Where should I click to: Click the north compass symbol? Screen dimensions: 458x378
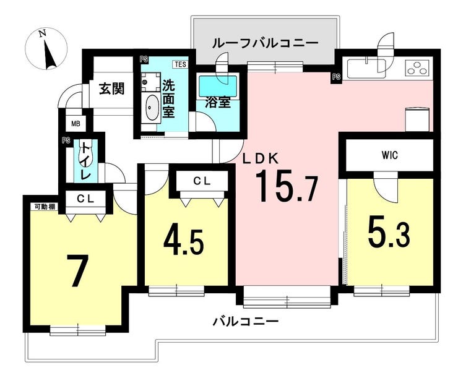click(46, 49)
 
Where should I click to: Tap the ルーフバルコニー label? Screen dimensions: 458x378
click(266, 43)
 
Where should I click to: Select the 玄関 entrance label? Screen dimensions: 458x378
click(112, 88)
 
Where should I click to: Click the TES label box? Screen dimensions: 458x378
click(181, 64)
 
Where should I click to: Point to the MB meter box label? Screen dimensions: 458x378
click(76, 124)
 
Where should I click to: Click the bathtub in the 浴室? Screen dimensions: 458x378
click(218, 87)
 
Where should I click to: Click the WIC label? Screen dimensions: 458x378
click(390, 155)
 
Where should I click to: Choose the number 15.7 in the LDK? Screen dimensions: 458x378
click(287, 187)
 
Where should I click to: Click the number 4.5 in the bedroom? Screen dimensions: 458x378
click(183, 241)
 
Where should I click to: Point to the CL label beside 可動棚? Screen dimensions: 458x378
click(85, 199)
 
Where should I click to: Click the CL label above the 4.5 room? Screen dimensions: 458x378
click(202, 181)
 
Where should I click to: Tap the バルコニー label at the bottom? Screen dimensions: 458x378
click(246, 322)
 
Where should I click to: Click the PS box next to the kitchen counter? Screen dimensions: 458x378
click(336, 77)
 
